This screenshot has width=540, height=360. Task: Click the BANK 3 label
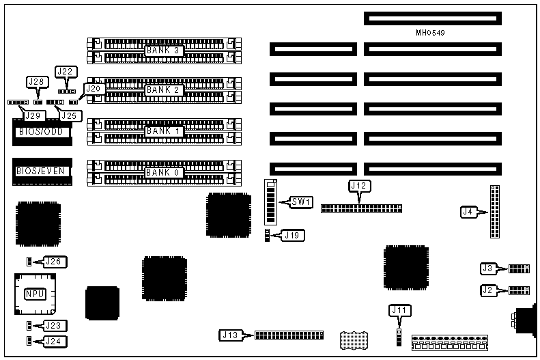coord(162,50)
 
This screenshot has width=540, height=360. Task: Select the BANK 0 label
coord(162,172)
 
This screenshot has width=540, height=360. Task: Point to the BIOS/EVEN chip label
coord(42,171)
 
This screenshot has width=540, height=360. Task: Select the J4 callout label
coord(469,212)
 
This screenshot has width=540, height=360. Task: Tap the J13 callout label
coord(230,335)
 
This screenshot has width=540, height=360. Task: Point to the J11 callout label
coord(399,310)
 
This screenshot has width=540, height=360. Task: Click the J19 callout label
coord(295,236)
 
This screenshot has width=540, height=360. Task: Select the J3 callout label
coord(488,268)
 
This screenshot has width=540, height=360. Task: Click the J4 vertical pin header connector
coord(495,212)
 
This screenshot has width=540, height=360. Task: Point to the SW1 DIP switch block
coord(272,202)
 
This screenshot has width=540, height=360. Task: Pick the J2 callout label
coord(488,290)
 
